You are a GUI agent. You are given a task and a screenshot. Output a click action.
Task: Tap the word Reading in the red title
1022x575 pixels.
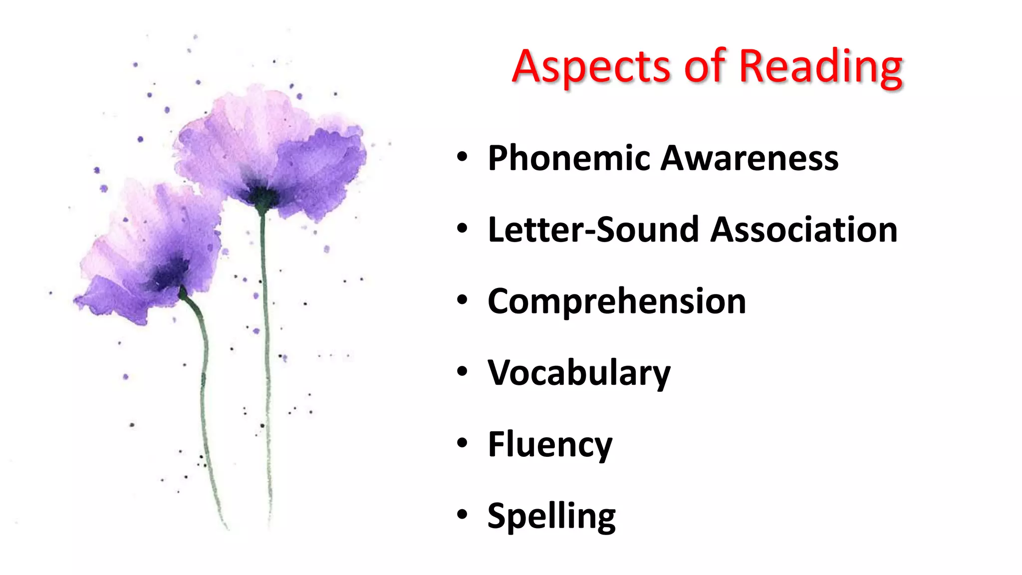coord(820,67)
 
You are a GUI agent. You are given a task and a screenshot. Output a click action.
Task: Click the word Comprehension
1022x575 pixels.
coord(617,302)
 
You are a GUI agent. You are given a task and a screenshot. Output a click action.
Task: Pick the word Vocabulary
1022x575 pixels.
coord(579,373)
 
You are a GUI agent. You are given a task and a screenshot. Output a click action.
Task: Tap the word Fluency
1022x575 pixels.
coord(549,445)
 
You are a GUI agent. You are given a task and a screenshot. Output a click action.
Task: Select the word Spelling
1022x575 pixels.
coord(551,516)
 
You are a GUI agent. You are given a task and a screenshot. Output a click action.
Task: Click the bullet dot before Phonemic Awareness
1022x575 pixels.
coord(462,157)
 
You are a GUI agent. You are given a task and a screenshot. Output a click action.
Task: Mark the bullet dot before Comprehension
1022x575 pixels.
coord(462,300)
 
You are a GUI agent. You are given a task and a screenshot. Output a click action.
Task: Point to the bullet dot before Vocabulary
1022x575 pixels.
coord(462,371)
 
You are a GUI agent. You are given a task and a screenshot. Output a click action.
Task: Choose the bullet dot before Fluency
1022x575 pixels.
coord(462,443)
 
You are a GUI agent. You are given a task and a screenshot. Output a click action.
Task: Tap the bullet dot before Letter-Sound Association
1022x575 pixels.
coord(462,228)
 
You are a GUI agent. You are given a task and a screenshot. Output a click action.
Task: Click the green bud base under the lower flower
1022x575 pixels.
coord(184,293)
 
